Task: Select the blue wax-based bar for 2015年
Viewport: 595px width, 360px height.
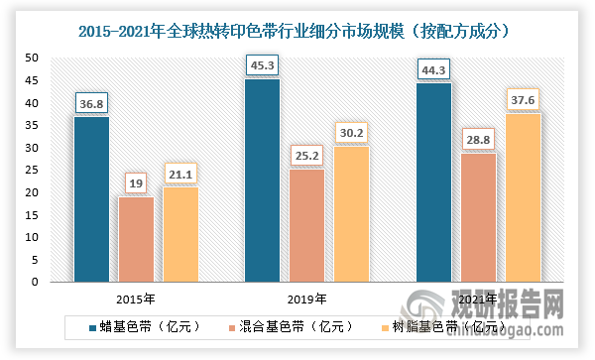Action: [92, 199]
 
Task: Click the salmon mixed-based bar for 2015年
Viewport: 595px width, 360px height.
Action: [136, 239]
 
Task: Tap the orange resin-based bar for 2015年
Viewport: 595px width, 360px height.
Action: [179, 234]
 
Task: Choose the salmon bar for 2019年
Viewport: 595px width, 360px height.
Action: [306, 225]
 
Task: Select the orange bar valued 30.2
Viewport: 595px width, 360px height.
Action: [350, 214]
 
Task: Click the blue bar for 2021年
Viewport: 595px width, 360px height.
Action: [433, 182]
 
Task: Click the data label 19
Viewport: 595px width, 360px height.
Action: [136, 182]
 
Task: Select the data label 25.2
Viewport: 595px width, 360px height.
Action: [306, 154]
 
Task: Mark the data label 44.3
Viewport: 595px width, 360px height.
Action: [433, 67]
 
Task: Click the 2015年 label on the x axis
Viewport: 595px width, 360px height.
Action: [136, 297]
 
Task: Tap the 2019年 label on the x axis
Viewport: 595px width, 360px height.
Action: [306, 297]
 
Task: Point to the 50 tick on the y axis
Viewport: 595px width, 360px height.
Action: [31, 59]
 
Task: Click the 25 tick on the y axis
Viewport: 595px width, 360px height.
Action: [31, 171]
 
